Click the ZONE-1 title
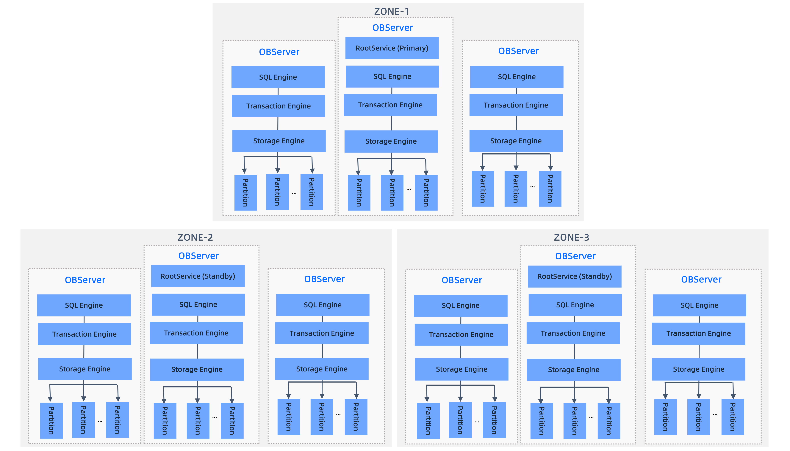[392, 11]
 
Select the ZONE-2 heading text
[195, 237]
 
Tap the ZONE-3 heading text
[571, 237]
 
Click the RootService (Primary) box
[392, 48]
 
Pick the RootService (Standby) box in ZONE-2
[198, 276]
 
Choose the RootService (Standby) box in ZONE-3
[575, 276]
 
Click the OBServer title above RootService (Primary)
[392, 28]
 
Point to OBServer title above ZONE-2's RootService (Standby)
[198, 256]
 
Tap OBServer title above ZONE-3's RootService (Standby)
[575, 256]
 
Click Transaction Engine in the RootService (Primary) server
[390, 105]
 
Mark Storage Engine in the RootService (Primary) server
[391, 141]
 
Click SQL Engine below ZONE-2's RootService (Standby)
[198, 305]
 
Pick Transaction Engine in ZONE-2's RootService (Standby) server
[196, 333]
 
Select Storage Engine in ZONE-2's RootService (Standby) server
[197, 369]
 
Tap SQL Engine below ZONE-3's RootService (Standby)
[575, 305]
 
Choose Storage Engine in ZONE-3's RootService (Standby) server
[574, 370]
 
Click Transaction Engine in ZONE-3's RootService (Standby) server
[573, 333]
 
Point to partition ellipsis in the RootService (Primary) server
[409, 189]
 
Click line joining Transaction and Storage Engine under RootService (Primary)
[392, 123]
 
